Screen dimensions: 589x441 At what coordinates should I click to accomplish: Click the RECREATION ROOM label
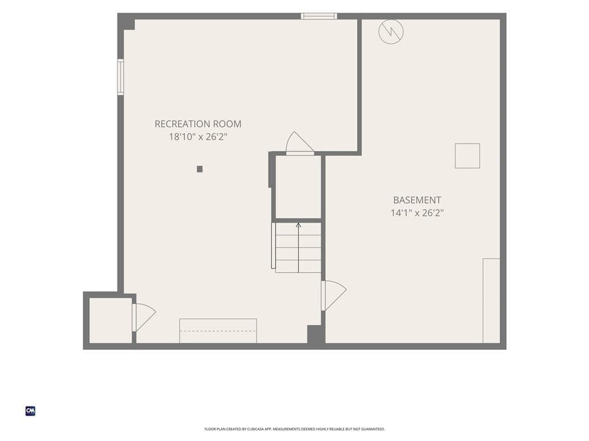click(198, 124)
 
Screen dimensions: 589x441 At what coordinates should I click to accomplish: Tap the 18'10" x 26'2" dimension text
click(198, 137)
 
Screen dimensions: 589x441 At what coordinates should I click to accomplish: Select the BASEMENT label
click(417, 200)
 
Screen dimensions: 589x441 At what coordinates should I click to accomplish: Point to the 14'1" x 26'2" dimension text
click(417, 212)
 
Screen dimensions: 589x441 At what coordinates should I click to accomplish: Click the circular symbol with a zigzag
click(391, 32)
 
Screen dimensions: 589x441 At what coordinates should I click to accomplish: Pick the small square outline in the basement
click(467, 156)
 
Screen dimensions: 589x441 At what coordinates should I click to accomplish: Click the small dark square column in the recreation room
click(200, 169)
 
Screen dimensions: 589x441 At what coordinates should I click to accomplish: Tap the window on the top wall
click(319, 16)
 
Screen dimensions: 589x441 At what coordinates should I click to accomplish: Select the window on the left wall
click(121, 77)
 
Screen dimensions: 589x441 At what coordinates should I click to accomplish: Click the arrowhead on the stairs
click(299, 225)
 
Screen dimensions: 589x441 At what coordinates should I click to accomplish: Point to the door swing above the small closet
click(299, 144)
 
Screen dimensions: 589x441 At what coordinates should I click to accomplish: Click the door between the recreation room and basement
click(333, 295)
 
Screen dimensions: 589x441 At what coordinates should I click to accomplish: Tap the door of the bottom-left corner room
click(143, 317)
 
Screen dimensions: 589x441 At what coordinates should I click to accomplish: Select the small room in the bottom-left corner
click(111, 320)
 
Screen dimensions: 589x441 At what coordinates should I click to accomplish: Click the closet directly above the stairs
click(299, 187)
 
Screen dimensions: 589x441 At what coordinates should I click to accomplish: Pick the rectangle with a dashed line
click(218, 331)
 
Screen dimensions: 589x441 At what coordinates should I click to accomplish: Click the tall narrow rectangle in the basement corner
click(491, 301)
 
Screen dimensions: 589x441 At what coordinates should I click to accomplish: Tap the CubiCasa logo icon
click(30, 411)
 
